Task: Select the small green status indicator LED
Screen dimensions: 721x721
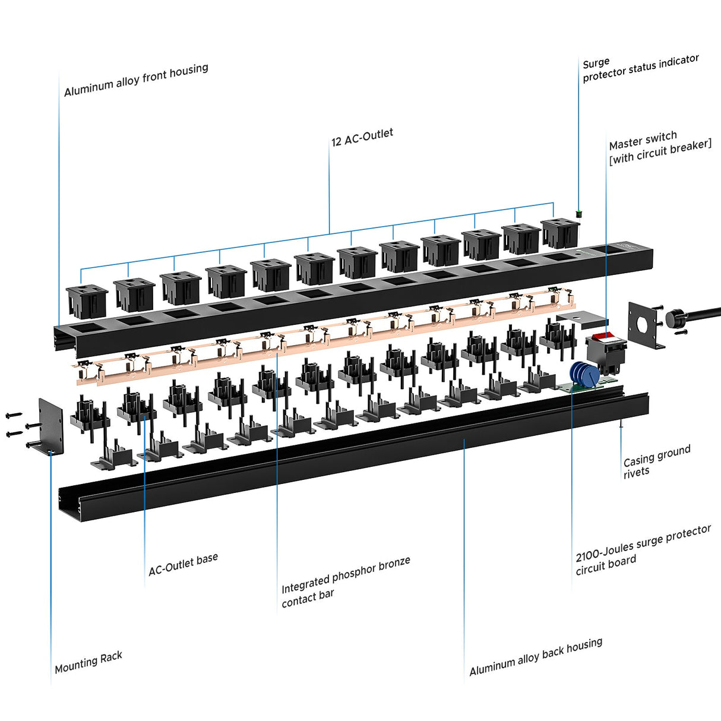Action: (578, 213)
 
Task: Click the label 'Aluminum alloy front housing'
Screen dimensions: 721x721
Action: (136, 80)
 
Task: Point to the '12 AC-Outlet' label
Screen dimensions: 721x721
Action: (362, 137)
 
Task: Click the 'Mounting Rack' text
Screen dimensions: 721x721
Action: (88, 662)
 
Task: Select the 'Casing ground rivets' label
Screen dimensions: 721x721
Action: (656, 461)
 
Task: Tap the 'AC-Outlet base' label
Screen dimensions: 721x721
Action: (183, 564)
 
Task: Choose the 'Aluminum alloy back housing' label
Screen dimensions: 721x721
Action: (535, 656)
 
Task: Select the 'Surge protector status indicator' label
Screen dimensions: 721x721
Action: (640, 68)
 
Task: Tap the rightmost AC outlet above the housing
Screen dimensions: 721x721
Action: (559, 233)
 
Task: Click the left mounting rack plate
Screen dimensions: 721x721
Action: (51, 426)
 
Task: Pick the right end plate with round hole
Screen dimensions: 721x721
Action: (646, 324)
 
